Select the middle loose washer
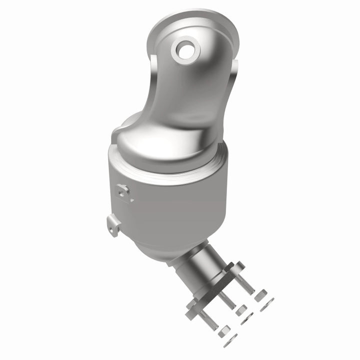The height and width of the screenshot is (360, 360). point(248,320)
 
